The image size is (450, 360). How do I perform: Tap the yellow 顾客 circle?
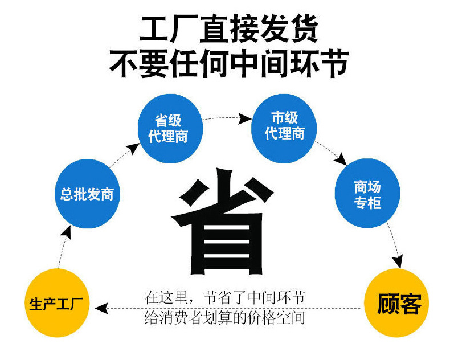pyautogui.click(x=398, y=303)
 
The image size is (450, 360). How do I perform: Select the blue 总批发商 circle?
pyautogui.click(x=87, y=194)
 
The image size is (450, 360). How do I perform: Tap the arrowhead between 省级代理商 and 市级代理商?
pyautogui.click(x=244, y=118)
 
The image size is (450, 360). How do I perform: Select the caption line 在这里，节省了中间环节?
pyautogui.click(x=226, y=297)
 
